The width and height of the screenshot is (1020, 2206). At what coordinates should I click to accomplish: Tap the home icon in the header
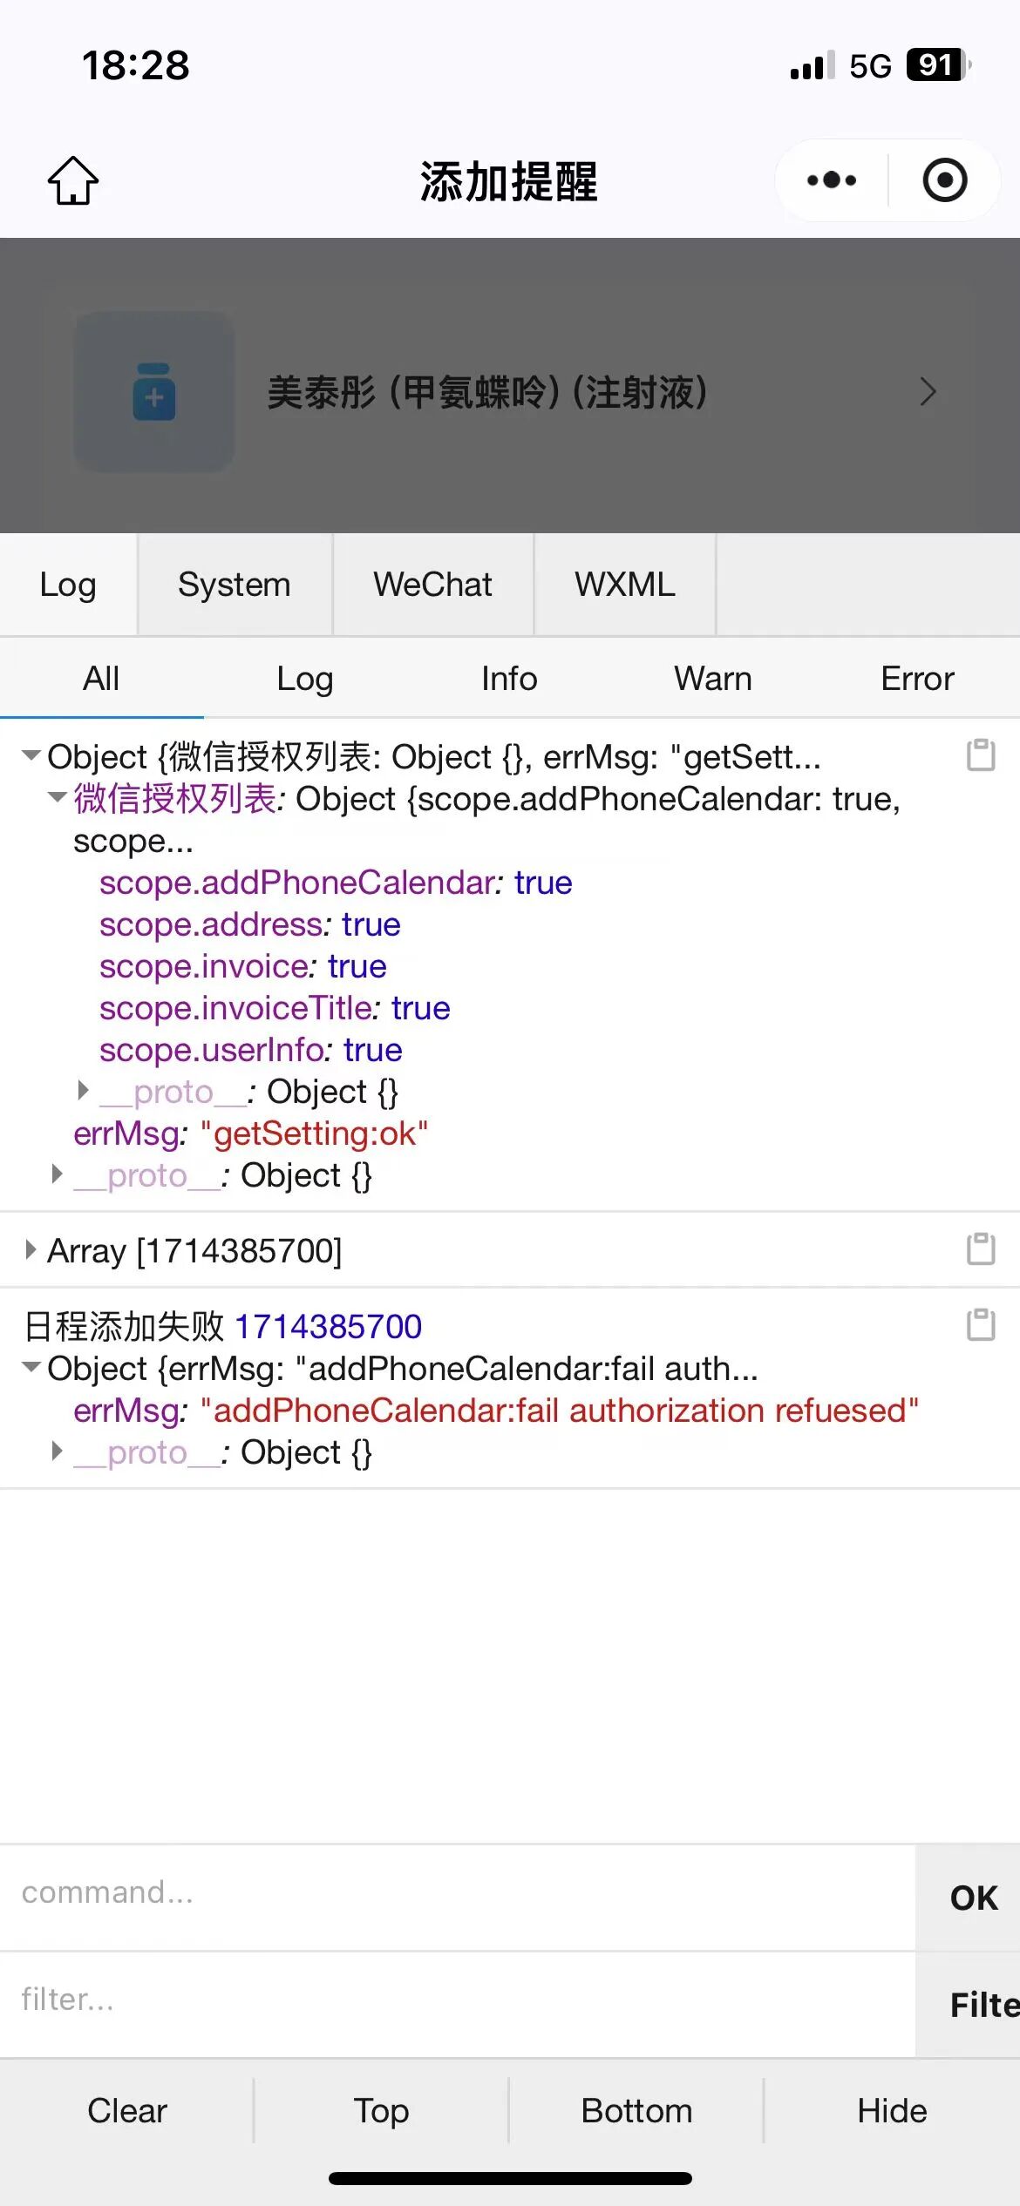(73, 181)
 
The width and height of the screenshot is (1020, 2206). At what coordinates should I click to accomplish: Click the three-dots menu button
(832, 180)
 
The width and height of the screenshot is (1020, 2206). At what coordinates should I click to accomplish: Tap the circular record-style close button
(945, 180)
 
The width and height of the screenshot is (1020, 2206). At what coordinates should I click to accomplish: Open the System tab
(234, 585)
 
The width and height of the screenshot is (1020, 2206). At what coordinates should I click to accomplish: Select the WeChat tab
(432, 585)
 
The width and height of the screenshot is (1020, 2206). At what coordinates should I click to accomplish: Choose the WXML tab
(624, 585)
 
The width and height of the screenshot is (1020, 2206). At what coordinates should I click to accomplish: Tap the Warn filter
(713, 679)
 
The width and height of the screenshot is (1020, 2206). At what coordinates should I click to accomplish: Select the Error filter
(917, 679)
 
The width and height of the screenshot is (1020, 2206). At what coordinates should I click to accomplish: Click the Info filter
(509, 679)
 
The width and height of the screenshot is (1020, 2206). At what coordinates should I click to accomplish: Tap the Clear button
(127, 2110)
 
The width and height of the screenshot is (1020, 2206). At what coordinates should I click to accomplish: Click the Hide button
(892, 2110)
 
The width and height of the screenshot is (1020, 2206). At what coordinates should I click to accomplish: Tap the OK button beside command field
(973, 1898)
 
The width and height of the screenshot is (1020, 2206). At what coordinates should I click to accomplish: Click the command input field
(453, 1892)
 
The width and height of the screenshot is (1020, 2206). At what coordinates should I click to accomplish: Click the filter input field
(453, 2000)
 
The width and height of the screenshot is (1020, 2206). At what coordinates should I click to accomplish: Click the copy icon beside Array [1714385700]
(981, 1248)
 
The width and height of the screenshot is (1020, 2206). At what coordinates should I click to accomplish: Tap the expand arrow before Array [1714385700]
(31, 1250)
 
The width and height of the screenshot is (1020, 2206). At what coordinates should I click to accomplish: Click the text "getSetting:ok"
(314, 1133)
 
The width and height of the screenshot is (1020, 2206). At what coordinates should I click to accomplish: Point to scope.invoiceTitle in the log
(235, 1008)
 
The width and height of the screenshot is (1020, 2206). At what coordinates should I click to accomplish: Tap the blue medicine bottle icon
(154, 392)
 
